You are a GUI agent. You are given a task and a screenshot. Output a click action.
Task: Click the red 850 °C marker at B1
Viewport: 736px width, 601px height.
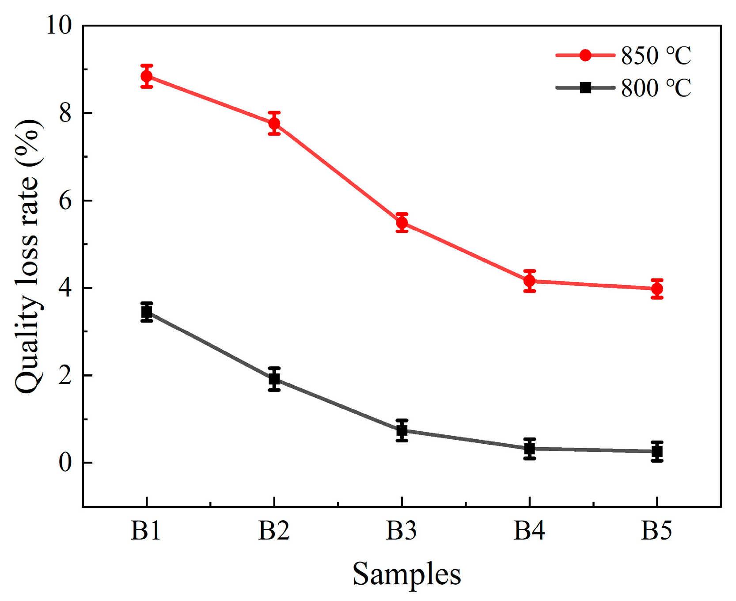[x=147, y=76]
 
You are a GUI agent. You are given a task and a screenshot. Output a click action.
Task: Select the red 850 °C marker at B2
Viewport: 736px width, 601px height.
[x=274, y=123]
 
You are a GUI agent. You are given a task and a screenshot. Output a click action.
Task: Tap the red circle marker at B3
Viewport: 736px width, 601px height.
[x=402, y=223]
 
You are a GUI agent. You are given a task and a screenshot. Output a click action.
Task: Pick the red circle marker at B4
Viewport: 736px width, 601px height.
[x=530, y=281]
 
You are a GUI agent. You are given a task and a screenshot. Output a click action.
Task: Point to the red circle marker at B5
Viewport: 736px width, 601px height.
[x=657, y=289]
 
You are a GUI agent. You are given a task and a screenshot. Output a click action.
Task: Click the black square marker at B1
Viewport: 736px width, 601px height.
[x=147, y=312]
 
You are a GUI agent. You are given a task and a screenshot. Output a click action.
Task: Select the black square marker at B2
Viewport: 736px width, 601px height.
[x=274, y=379]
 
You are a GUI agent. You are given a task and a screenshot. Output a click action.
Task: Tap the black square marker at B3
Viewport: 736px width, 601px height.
[x=402, y=430]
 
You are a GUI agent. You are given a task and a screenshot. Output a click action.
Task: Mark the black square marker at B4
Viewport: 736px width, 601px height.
[x=530, y=449]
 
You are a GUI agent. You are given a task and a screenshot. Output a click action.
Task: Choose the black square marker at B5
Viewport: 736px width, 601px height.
[x=657, y=451]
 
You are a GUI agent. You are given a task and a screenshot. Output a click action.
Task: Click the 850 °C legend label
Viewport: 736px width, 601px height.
[x=656, y=56]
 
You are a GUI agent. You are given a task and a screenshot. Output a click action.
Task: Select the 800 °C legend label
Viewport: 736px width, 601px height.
[x=656, y=88]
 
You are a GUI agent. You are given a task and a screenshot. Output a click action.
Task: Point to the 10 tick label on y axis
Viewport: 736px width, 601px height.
[x=59, y=26]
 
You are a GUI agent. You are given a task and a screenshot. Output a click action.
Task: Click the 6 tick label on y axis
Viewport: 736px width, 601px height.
[x=65, y=201]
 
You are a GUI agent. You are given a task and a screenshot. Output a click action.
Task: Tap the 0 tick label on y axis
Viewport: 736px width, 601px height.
[x=65, y=463]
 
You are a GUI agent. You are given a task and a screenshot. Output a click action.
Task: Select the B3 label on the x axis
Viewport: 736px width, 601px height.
[x=401, y=530]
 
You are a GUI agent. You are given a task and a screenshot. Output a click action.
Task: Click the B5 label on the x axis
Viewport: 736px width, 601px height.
[x=656, y=530]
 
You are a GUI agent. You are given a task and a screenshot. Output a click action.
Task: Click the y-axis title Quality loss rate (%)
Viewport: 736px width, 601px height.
[x=27, y=256]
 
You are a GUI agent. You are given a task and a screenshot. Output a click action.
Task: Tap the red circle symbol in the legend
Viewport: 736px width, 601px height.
[x=585, y=55]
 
